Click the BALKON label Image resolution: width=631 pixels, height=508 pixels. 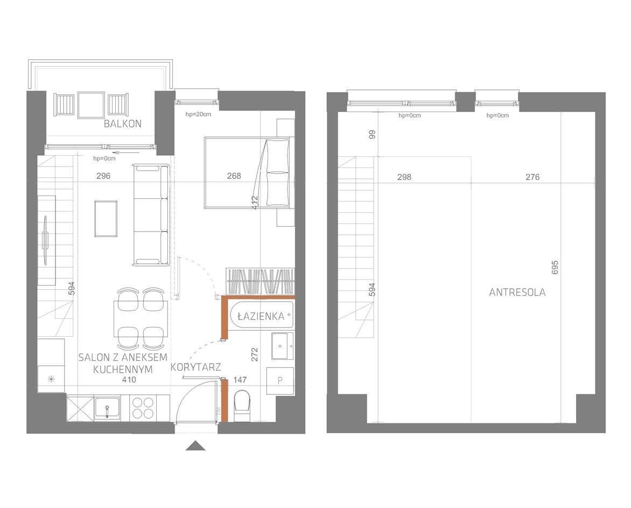[123, 123]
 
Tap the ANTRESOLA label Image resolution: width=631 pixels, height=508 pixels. [517, 293]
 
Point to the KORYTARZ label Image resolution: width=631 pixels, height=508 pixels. [195, 367]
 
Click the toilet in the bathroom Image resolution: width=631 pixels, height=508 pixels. [242, 406]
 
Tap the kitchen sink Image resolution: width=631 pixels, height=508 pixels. [108, 408]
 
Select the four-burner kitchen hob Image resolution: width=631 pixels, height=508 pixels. [143, 408]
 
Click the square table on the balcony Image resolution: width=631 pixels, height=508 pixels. [91, 104]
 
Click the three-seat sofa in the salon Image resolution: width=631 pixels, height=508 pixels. [151, 215]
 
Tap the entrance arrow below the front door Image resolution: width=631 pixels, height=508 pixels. [196, 446]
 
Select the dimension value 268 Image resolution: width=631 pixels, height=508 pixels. [234, 176]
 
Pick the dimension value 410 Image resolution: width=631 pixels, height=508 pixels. [129, 380]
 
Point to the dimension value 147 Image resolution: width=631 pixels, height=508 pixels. [240, 380]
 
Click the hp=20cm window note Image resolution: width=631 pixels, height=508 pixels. [198, 114]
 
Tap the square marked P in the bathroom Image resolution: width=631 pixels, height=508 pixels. [280, 380]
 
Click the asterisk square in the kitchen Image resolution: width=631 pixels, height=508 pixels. [51, 379]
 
